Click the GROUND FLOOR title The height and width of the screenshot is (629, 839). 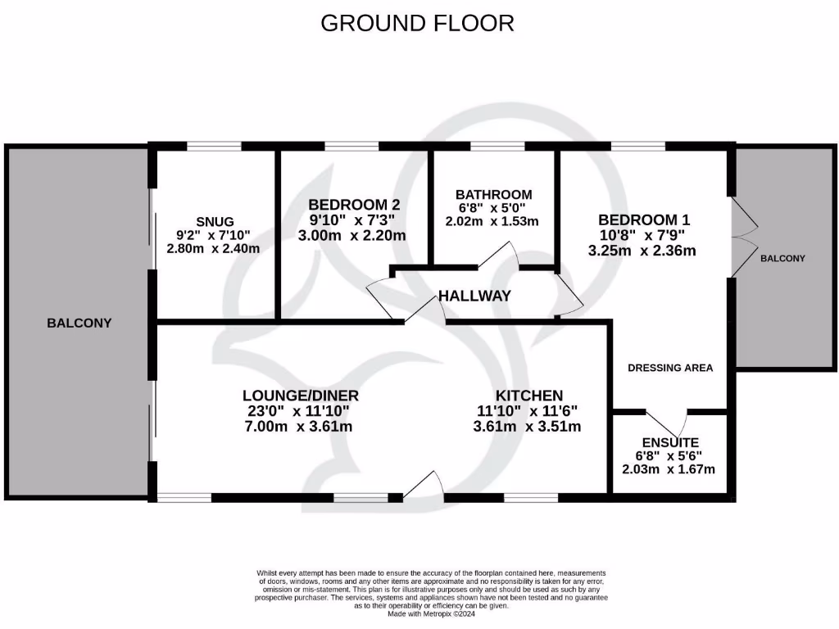click(417, 23)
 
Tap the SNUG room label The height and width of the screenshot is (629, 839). click(215, 221)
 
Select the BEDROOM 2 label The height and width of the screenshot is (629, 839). click(354, 205)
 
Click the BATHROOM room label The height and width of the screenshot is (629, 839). click(493, 195)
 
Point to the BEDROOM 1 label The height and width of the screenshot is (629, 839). click(644, 219)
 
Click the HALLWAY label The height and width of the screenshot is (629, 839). click(474, 296)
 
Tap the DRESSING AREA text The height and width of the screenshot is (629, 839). click(670, 368)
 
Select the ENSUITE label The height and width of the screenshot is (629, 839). click(671, 441)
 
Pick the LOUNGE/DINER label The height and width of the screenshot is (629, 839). click(300, 396)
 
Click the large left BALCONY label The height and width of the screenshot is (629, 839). click(79, 323)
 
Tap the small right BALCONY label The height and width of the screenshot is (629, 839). click(782, 258)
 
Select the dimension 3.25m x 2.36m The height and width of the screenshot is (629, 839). click(642, 251)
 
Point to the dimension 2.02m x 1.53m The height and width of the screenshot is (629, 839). click(492, 221)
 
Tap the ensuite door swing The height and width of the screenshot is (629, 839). click(670, 421)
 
